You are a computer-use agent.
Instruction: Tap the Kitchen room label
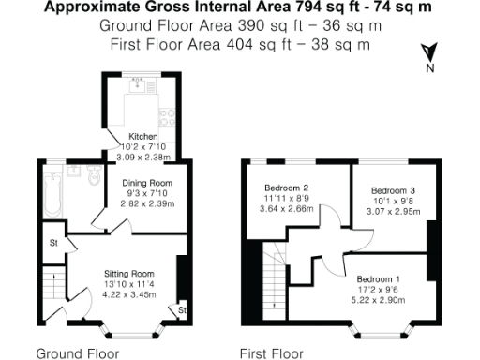[x=142, y=136]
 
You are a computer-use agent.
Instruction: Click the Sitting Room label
[x=128, y=273]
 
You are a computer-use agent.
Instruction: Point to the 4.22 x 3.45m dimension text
[x=128, y=294]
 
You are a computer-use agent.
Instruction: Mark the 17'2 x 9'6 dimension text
[x=379, y=291]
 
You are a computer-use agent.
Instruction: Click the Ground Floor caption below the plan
[x=77, y=353]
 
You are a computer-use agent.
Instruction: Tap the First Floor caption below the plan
[x=272, y=353]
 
